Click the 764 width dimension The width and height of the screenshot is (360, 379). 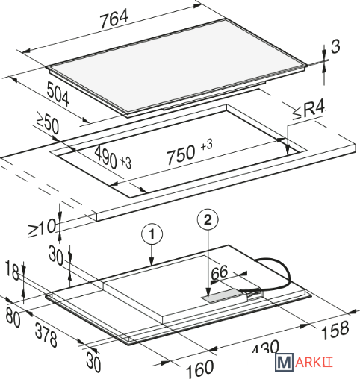[x=114, y=18]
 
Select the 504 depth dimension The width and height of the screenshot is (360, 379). [x=58, y=94]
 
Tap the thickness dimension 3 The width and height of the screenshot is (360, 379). [x=335, y=46]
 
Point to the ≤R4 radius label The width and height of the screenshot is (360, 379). [x=309, y=110]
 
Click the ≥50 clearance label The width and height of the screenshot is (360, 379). [x=48, y=122]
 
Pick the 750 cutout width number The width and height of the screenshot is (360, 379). [x=181, y=154]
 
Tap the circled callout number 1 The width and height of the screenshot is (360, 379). [x=152, y=234]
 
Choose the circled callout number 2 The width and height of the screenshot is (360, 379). [x=208, y=220]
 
